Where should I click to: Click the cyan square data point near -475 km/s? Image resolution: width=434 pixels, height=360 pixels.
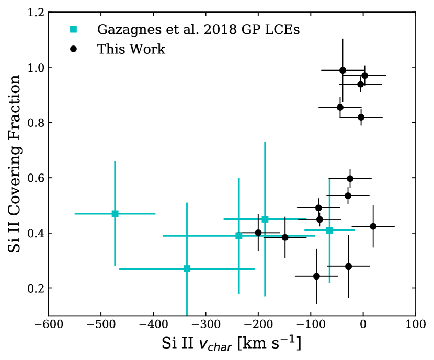click(115, 214)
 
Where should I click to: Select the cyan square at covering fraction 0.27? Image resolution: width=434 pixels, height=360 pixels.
click(187, 269)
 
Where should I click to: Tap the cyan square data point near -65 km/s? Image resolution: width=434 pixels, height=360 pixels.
click(329, 230)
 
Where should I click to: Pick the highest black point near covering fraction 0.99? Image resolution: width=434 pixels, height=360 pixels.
click(342, 70)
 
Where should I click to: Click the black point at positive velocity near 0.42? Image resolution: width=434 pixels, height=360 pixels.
click(373, 226)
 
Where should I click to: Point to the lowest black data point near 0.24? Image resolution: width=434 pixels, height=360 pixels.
click(316, 276)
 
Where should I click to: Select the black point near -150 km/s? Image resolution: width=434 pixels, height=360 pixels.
click(285, 237)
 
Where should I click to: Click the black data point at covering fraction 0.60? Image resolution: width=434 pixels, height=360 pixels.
click(350, 179)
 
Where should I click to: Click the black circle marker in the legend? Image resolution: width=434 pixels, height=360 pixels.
click(74, 49)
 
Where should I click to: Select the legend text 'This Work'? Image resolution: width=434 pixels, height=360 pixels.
click(131, 49)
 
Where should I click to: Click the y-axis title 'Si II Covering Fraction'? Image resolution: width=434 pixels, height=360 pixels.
click(15, 164)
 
